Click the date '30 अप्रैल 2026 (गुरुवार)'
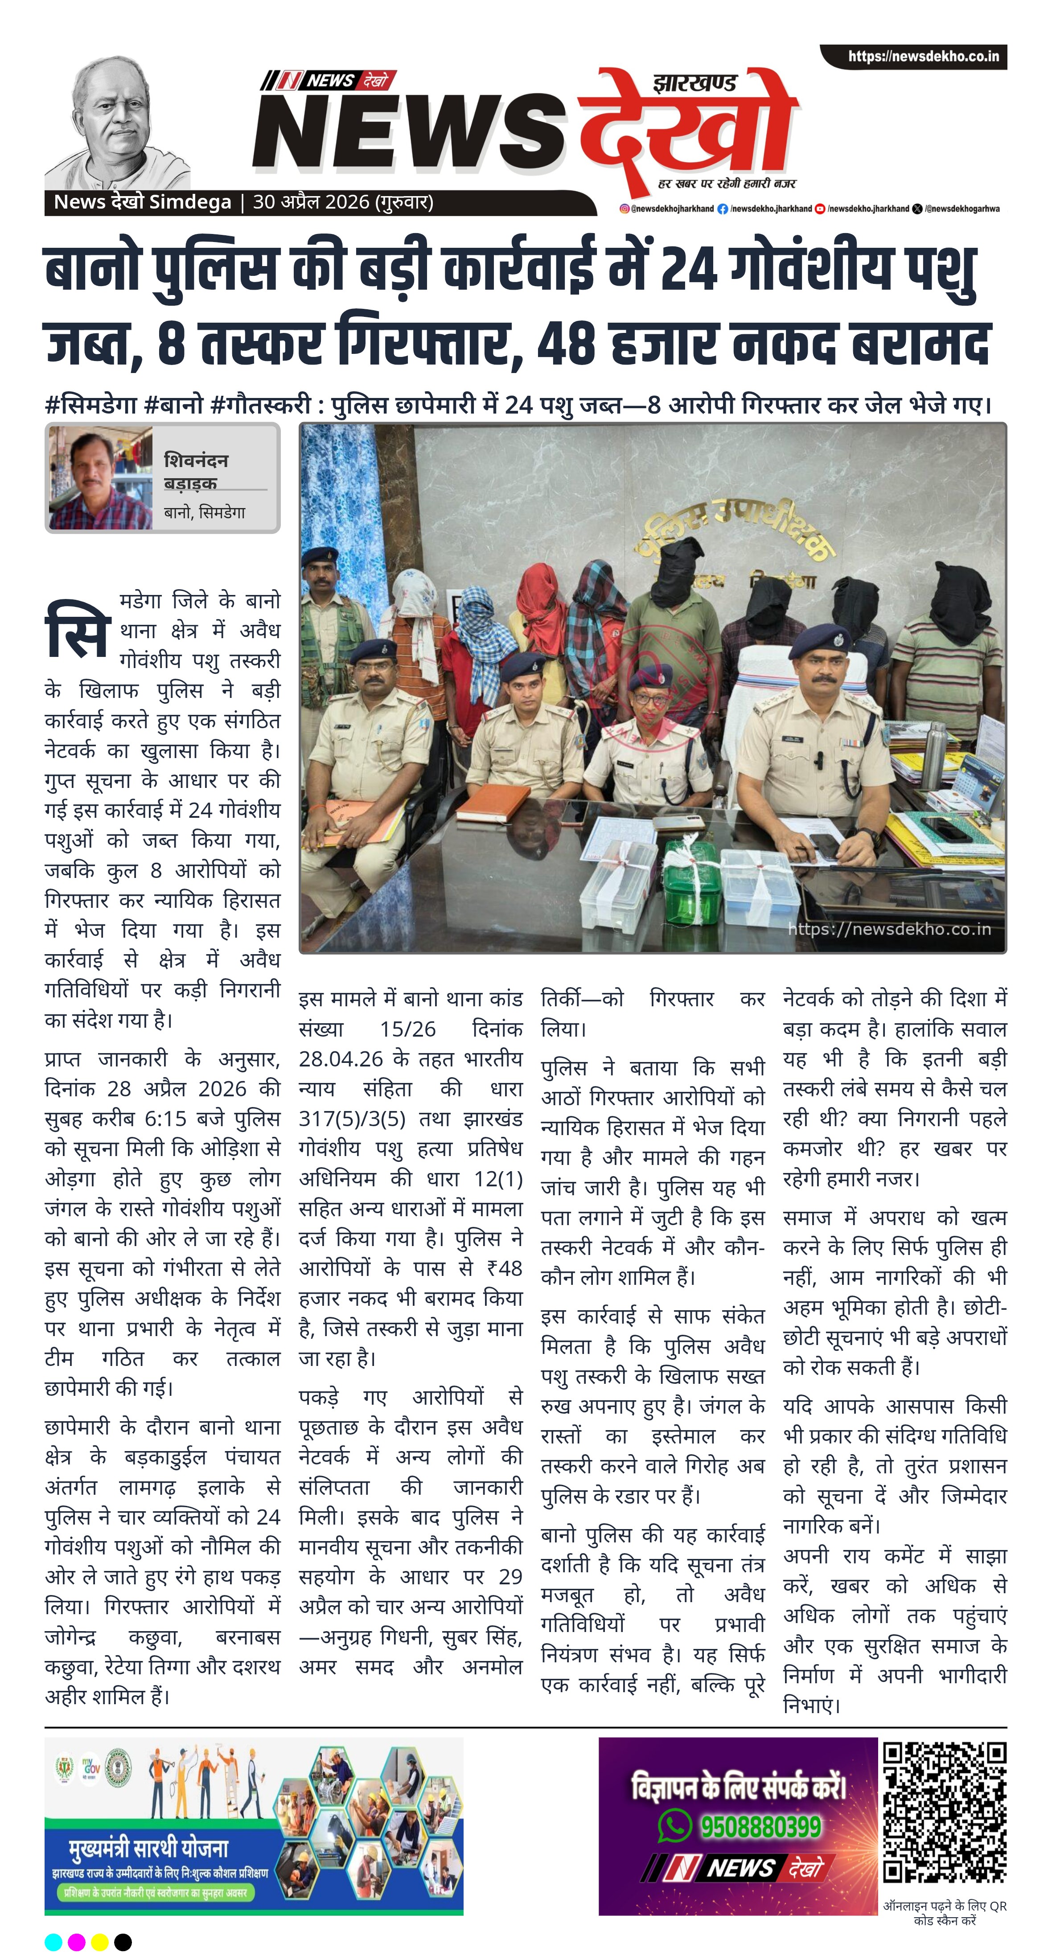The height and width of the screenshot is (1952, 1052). (343, 202)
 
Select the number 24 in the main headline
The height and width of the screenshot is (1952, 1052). (688, 271)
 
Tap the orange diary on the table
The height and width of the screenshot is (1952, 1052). (495, 800)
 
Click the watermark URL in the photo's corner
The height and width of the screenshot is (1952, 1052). (888, 929)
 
